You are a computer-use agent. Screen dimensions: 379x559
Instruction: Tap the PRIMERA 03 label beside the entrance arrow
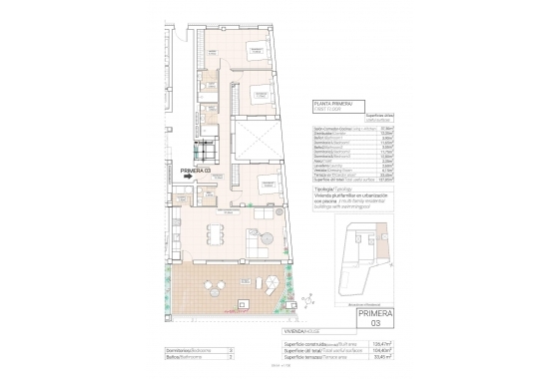pyautogui.click(x=198, y=172)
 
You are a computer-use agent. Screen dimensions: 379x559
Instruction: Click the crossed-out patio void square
pyautogui.click(x=258, y=137)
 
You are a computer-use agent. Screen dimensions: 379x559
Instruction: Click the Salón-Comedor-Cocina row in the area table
pyautogui.click(x=334, y=127)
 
